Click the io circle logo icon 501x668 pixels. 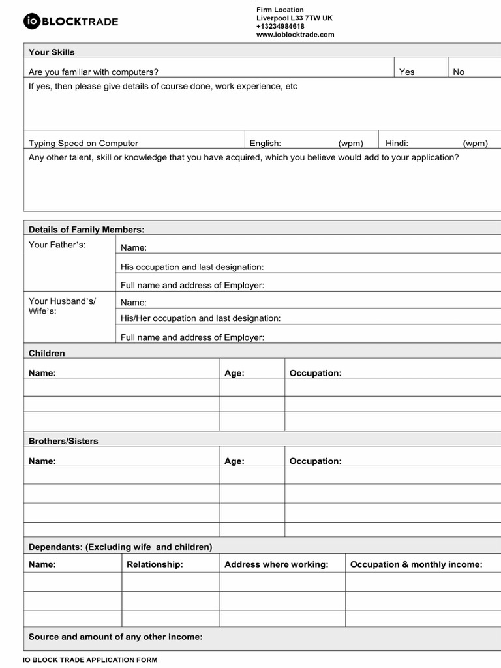click(x=32, y=22)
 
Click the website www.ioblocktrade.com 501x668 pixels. click(x=295, y=35)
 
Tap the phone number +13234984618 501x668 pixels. click(x=281, y=26)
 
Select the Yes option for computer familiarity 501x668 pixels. click(x=406, y=72)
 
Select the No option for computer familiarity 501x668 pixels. click(x=459, y=72)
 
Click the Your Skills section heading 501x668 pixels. click(x=52, y=52)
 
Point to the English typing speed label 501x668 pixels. click(x=265, y=143)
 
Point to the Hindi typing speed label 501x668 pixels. click(x=397, y=143)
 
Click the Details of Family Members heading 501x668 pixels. click(x=86, y=229)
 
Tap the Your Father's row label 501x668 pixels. click(x=57, y=245)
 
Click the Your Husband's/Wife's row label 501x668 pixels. click(x=61, y=306)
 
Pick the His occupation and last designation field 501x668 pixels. click(x=192, y=267)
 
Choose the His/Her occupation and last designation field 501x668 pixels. click(x=200, y=318)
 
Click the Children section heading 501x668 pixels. click(x=46, y=353)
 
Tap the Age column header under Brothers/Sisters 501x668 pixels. click(x=234, y=461)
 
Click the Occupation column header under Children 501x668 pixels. click(x=315, y=373)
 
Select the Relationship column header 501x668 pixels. click(x=155, y=564)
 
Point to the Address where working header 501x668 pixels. click(x=276, y=564)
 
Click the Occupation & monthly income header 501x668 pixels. click(x=416, y=564)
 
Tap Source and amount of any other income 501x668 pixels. click(x=115, y=637)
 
